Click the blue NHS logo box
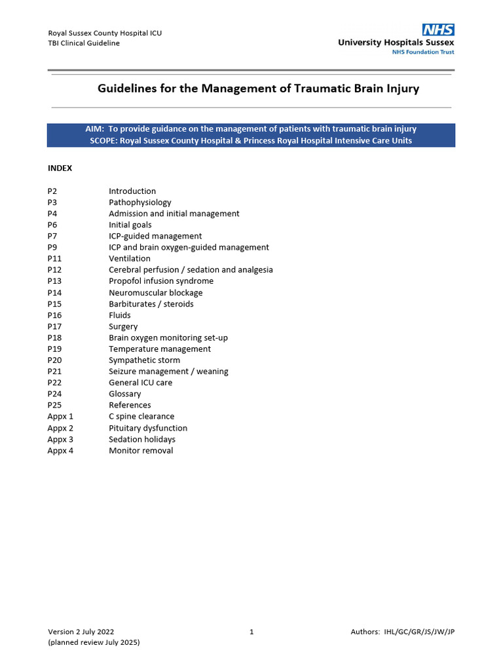click(438, 29)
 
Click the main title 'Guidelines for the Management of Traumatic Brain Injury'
click(258, 88)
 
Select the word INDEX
click(60, 168)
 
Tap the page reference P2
click(52, 191)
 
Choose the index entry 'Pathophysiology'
click(140, 202)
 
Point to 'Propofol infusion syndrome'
click(161, 281)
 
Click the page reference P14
click(54, 292)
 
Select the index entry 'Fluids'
click(120, 315)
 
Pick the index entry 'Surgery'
click(123, 326)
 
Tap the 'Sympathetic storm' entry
click(144, 360)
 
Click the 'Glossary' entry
click(124, 394)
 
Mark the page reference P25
click(54, 405)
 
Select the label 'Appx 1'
click(60, 416)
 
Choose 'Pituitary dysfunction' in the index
click(148, 428)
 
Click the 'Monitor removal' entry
click(141, 450)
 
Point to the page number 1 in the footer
click(251, 632)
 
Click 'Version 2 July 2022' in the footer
click(85, 632)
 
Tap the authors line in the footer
click(403, 632)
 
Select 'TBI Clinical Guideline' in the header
click(84, 43)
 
